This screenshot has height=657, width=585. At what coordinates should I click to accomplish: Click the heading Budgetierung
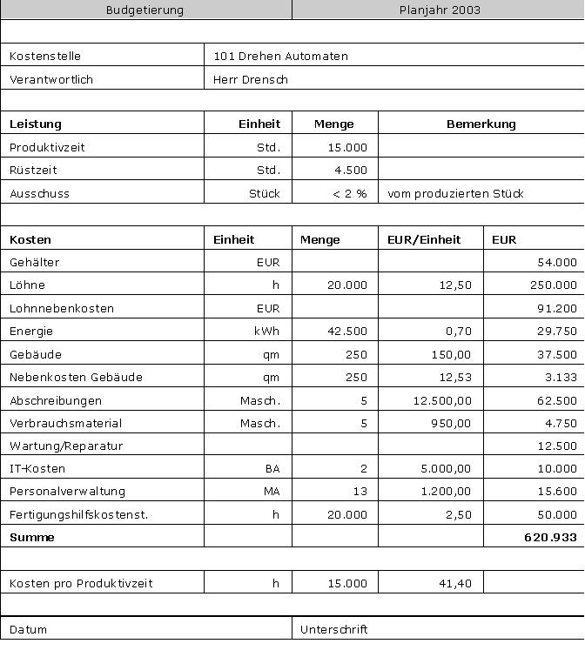coord(145,10)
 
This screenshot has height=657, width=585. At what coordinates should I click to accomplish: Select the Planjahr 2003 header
coord(440,10)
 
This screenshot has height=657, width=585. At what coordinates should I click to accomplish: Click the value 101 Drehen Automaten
coord(280,57)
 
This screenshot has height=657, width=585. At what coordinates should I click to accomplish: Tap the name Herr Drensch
coord(251,80)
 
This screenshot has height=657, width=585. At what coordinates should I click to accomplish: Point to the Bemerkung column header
coord(481,124)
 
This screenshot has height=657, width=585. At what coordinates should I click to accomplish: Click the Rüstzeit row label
coord(33,171)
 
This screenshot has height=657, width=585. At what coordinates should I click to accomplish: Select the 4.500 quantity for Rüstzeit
coord(351,171)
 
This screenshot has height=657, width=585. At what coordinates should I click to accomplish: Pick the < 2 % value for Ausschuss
coord(350,194)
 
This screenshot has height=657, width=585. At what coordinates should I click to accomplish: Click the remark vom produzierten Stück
coord(455,194)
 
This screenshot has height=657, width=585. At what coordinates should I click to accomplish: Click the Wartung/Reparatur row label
coord(66,446)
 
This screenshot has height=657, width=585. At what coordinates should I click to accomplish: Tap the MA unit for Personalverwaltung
coord(272,492)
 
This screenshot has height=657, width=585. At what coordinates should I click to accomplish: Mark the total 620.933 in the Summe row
coord(550,538)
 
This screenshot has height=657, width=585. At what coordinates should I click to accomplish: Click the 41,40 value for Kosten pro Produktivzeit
coord(457,584)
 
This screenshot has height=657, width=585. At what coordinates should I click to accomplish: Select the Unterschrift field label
coord(333,629)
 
